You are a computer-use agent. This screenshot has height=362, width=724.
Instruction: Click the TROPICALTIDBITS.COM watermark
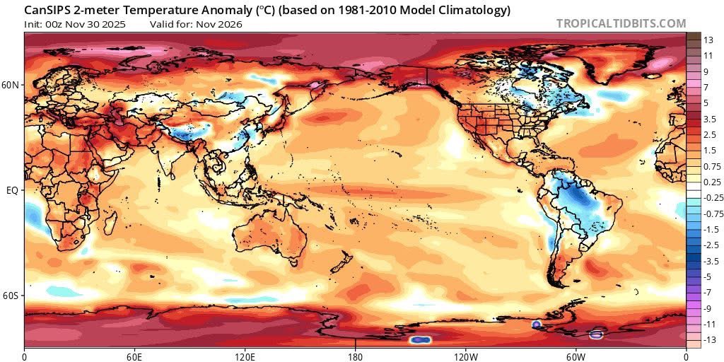[621, 23]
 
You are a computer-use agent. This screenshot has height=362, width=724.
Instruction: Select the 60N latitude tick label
[11, 85]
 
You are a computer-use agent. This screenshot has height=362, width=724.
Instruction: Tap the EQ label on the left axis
[13, 191]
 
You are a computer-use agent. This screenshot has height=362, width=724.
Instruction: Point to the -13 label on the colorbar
[708, 340]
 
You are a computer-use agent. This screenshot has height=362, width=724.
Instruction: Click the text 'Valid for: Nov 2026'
[196, 24]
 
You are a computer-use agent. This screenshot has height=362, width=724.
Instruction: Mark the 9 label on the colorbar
[705, 71]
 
